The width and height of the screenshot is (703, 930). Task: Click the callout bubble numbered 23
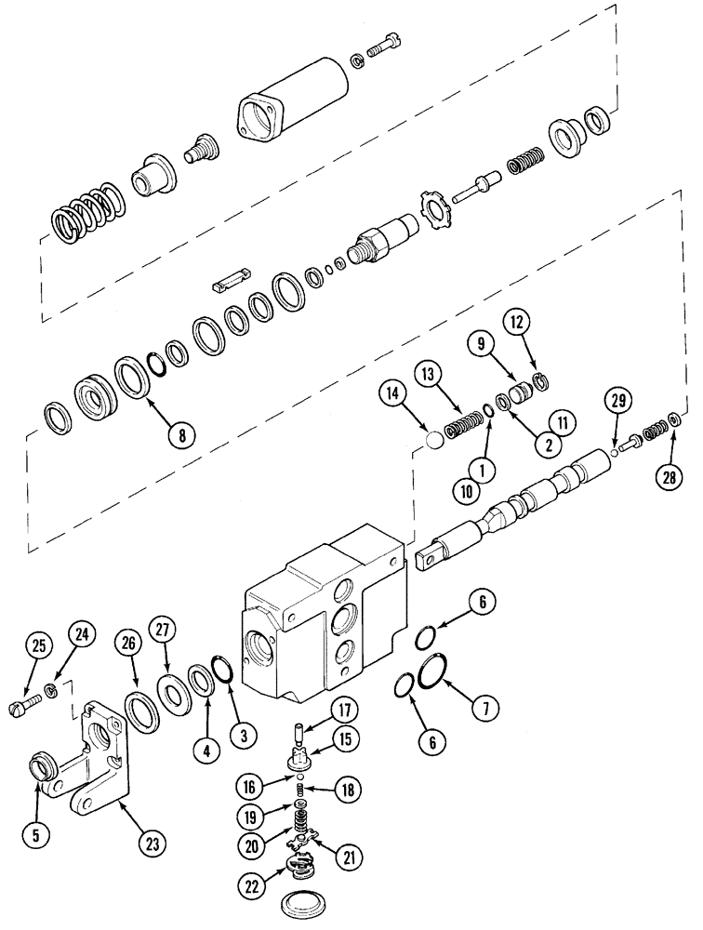153,844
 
